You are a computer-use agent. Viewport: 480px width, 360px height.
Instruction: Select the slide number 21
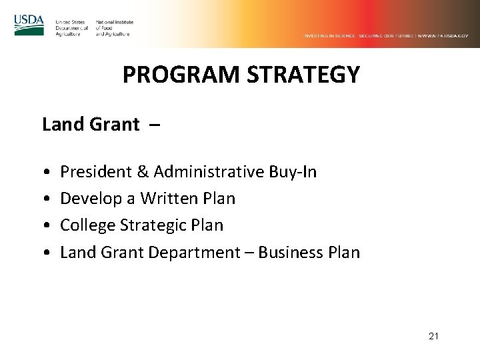coord(433,337)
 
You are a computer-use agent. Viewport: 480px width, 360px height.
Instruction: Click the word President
coord(95,173)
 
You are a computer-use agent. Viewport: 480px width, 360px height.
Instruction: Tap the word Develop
coord(85,199)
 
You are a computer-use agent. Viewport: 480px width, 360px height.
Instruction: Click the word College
coord(83,226)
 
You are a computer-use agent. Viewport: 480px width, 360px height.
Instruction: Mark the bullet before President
coord(45,173)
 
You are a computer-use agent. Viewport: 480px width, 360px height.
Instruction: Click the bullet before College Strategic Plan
coord(45,227)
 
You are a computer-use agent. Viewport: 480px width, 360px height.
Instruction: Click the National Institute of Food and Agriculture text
coord(115,28)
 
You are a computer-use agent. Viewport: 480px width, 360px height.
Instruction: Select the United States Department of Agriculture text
coord(72,28)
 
